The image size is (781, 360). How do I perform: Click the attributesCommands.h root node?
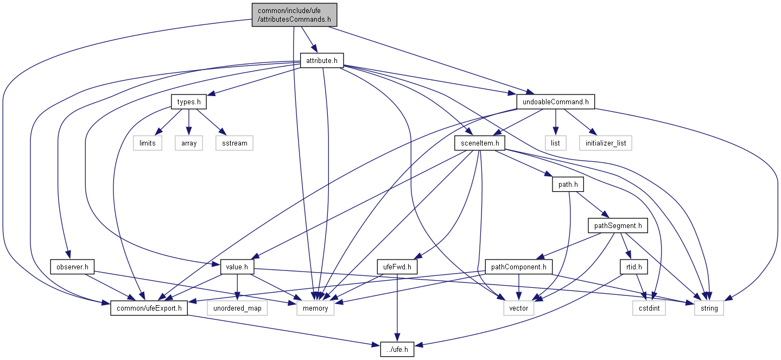point(294,15)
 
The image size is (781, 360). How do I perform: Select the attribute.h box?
point(322,61)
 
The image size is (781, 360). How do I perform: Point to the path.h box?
point(567,185)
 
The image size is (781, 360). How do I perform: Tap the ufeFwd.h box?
point(397,267)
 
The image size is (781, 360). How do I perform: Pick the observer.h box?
point(73,267)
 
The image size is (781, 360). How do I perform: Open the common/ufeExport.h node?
point(149,308)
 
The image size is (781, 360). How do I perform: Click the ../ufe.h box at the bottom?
point(397,350)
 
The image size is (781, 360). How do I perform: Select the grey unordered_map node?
point(237,308)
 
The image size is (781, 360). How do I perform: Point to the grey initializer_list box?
point(605,143)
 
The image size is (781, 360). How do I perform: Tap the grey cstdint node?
point(649,308)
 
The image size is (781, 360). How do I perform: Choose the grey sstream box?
point(234,143)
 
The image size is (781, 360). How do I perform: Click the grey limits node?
point(148,143)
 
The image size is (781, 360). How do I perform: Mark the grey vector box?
point(518,308)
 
